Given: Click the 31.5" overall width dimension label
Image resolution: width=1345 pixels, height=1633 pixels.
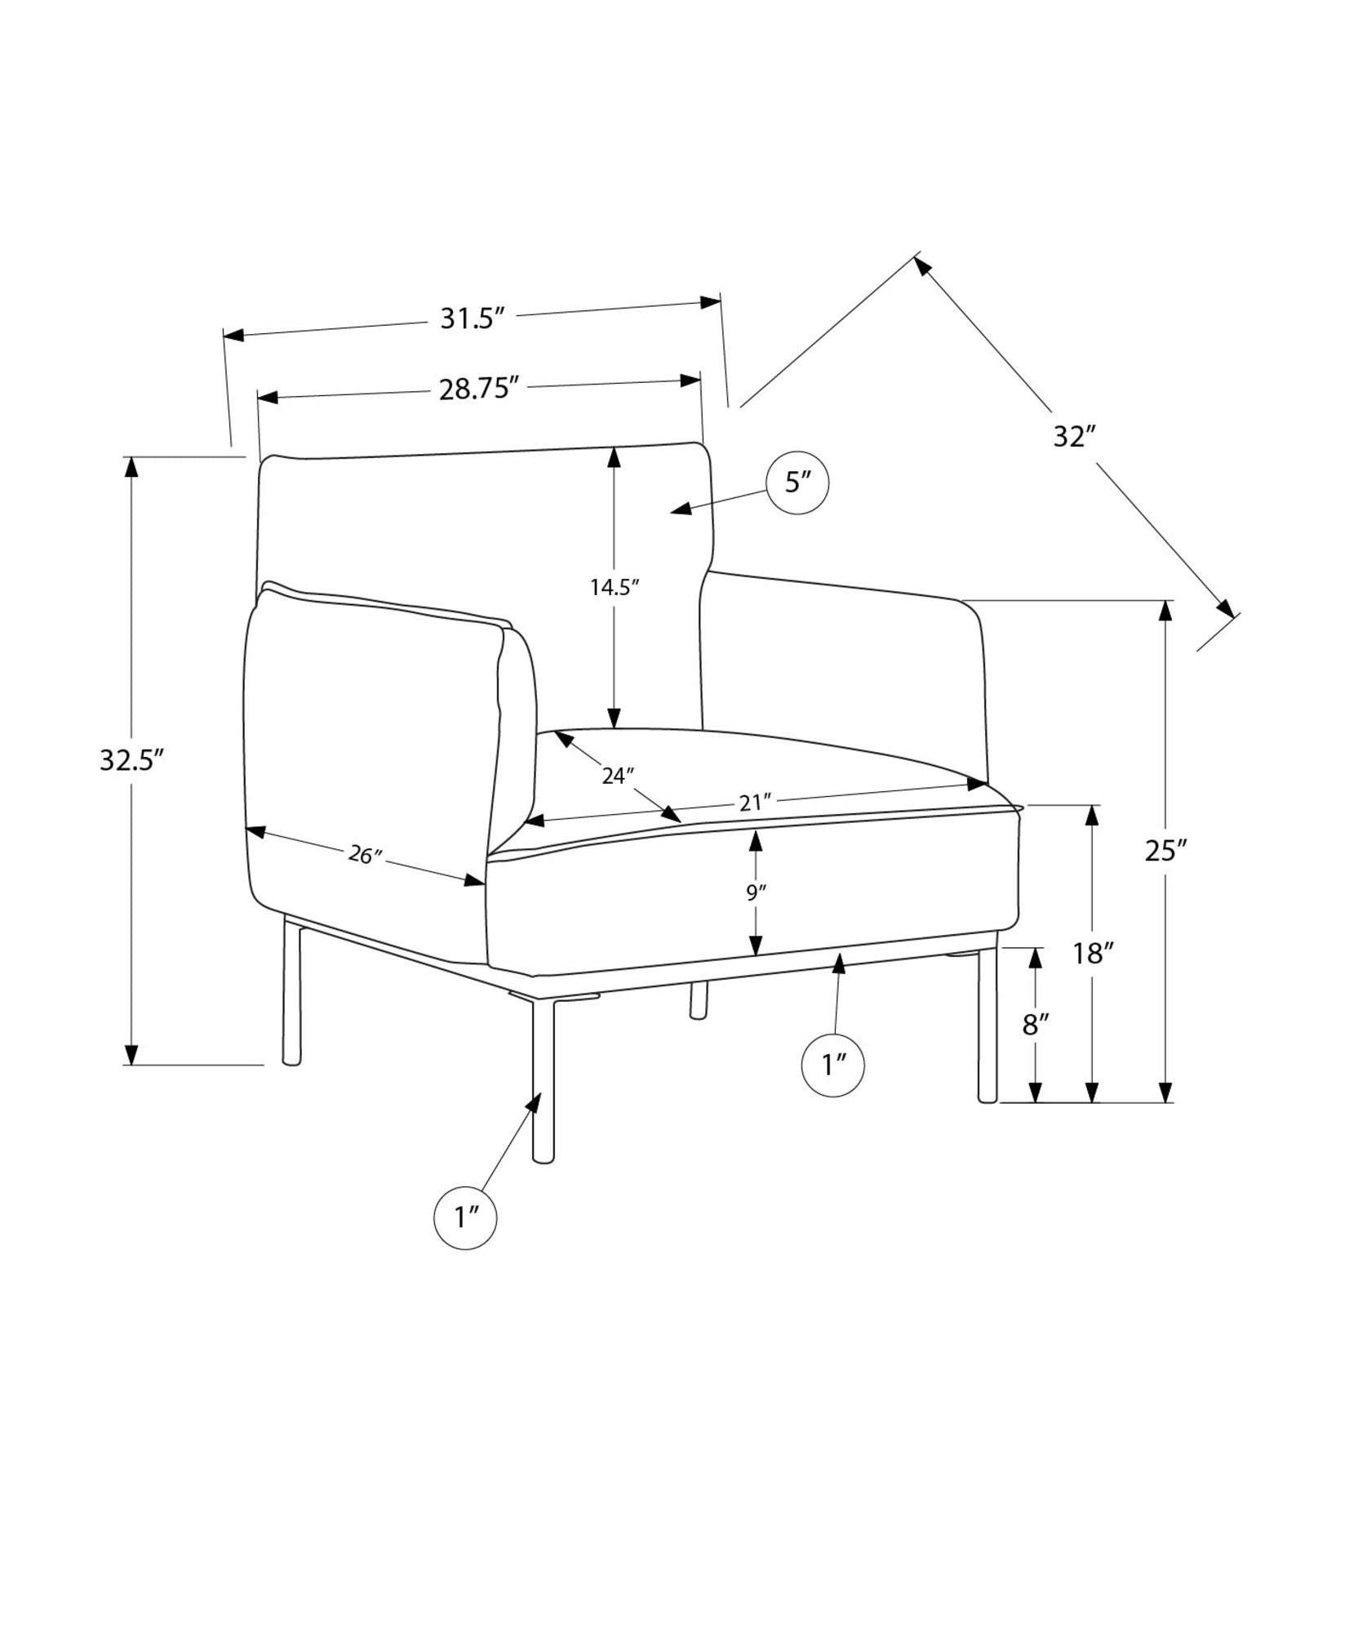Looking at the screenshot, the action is point(468,318).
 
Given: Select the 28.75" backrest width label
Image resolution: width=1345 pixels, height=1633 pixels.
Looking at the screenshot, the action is point(480,389).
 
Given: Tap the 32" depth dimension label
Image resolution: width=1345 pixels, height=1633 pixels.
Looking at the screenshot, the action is point(1072,437).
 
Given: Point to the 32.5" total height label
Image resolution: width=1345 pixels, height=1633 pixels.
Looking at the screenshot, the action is point(133,760).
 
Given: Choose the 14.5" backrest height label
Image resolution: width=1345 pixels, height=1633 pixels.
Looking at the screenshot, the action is point(615,587).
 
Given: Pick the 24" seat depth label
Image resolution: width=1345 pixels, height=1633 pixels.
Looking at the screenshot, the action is point(618,775).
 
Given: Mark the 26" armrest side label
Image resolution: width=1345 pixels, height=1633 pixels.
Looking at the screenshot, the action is point(365,855).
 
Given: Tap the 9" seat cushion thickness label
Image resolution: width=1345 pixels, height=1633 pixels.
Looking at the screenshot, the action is point(756,892).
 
